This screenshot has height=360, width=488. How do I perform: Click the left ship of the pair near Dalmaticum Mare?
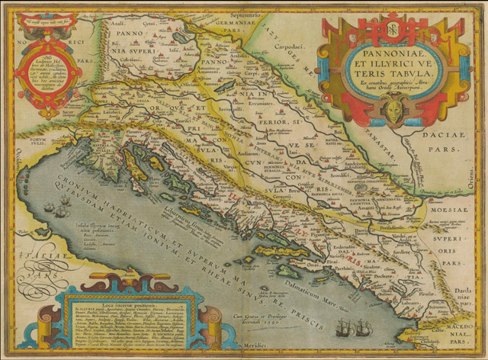pyautogui.click(x=345, y=326)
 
